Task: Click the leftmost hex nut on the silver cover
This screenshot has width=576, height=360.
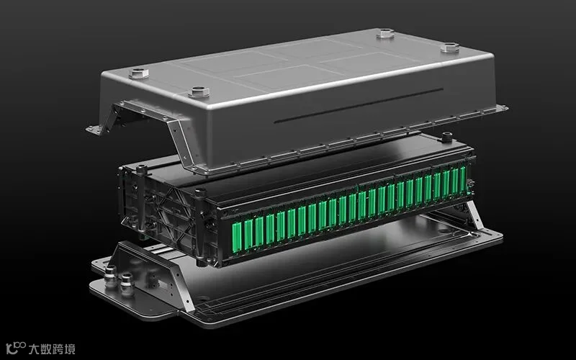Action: click(x=139, y=73)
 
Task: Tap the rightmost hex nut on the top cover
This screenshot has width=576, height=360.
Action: click(x=449, y=48)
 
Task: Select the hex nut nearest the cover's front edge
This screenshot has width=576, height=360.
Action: click(x=199, y=91)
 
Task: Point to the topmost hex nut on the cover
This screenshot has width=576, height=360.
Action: click(x=385, y=33)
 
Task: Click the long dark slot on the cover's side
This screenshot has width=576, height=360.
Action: click(x=359, y=105)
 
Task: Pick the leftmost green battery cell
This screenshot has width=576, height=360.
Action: click(x=237, y=238)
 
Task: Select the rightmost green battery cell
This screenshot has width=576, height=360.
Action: click(x=463, y=179)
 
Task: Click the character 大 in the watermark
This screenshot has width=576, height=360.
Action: click(x=34, y=348)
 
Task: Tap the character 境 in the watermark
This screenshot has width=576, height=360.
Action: click(x=69, y=348)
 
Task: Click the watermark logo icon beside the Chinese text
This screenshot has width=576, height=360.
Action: click(x=15, y=348)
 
